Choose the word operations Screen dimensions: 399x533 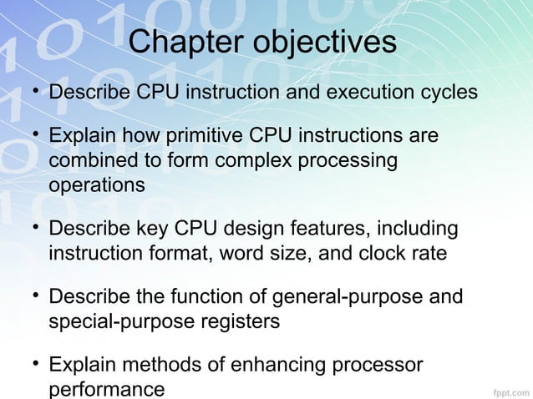click(97, 184)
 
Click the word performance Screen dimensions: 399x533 click(107, 389)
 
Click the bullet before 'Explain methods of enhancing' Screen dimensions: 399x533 click(38, 365)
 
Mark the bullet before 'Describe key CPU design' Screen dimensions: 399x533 click(38, 228)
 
